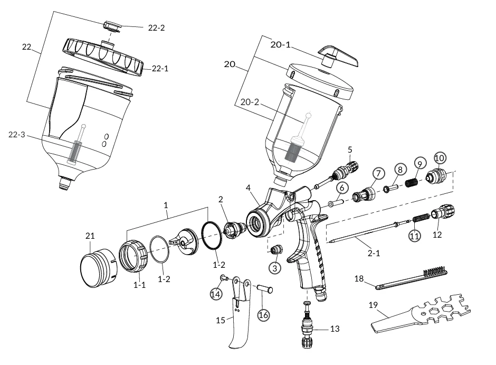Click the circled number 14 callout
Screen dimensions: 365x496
(x=216, y=293)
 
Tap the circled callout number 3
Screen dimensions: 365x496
(x=274, y=268)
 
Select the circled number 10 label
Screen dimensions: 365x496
(x=440, y=157)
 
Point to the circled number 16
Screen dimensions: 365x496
(x=263, y=315)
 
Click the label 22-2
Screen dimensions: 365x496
(x=156, y=27)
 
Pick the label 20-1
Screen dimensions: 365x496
(x=281, y=45)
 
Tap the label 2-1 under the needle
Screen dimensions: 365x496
(x=374, y=253)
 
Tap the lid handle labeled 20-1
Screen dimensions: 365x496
(x=337, y=55)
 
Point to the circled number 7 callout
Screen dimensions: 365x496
(x=378, y=173)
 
